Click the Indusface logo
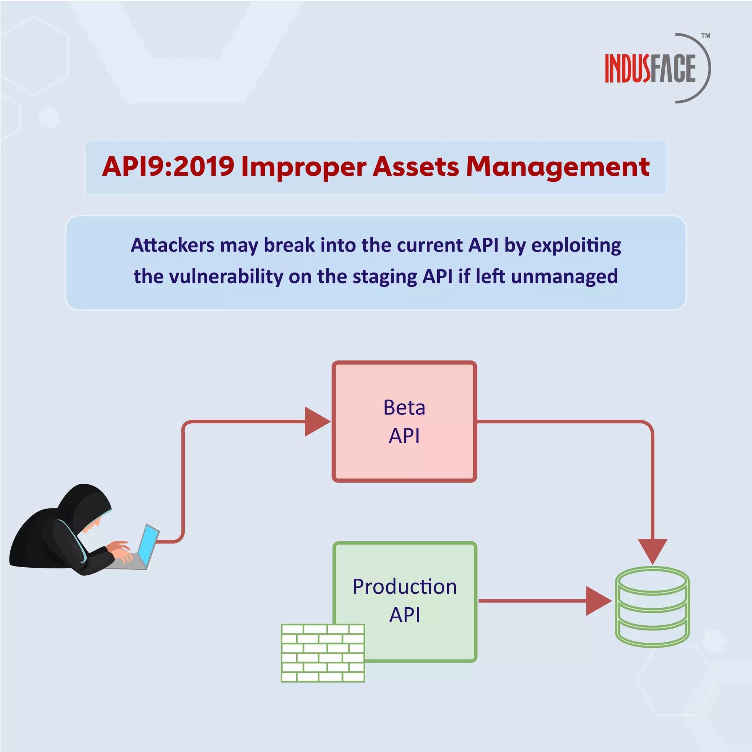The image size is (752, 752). pos(650,69)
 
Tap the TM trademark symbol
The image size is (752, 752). pos(706,36)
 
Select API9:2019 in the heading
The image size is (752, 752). pos(168,167)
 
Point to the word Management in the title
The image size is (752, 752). pos(557,167)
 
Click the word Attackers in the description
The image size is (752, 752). pos(173,245)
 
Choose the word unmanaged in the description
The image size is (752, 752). pos(564,277)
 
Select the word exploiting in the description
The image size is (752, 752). pos(576,246)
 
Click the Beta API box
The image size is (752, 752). pos(404,422)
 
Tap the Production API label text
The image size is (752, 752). pos(404,601)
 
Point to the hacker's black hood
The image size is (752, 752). pos(84,502)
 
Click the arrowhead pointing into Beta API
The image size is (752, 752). pos(316,422)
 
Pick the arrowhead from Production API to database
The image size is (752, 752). pos(597,601)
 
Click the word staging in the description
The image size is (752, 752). pos(384,277)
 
